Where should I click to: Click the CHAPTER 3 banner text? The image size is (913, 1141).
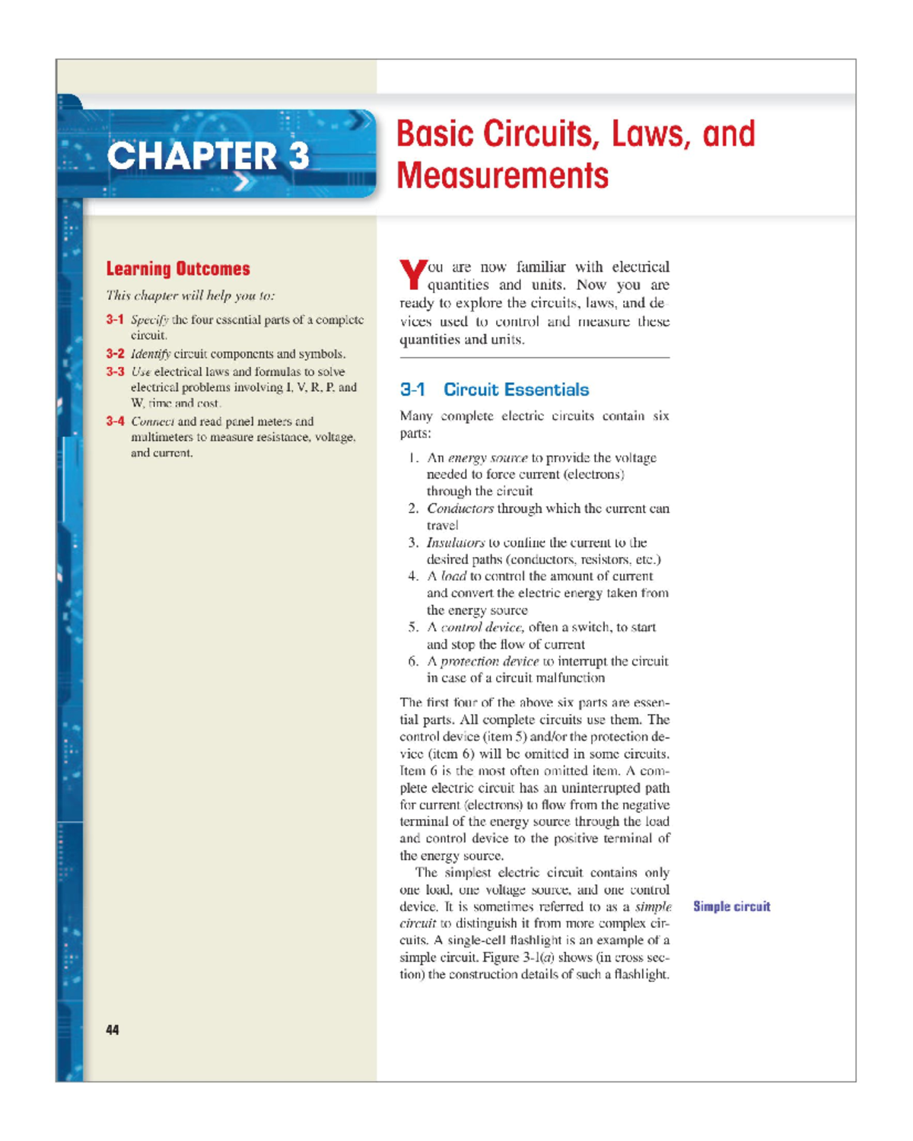[x=208, y=156]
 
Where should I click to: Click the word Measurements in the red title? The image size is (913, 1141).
[x=502, y=176]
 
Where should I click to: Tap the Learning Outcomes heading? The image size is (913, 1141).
[x=178, y=269]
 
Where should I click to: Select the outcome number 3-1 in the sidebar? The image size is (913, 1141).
[x=115, y=320]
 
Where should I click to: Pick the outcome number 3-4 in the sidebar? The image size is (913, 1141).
[x=115, y=421]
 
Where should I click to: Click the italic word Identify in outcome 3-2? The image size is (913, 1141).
[x=151, y=354]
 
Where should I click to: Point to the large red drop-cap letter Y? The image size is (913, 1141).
[x=412, y=275]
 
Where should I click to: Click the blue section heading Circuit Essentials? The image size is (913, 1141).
[x=516, y=390]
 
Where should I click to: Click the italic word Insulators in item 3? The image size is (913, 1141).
[x=455, y=543]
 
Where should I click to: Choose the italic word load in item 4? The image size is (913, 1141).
[x=453, y=576]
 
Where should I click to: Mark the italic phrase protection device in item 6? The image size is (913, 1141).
[x=489, y=661]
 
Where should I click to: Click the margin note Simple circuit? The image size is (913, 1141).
[x=731, y=907]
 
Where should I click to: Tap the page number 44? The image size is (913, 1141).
[x=113, y=1030]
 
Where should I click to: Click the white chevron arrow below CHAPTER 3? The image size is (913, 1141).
[x=242, y=183]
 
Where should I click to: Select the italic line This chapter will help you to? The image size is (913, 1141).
[x=190, y=295]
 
